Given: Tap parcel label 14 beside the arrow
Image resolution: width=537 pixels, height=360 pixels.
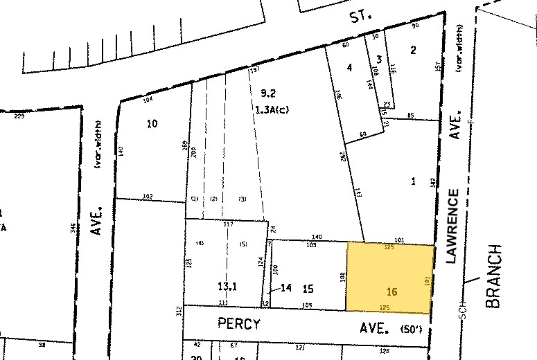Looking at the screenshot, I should pos(287,287).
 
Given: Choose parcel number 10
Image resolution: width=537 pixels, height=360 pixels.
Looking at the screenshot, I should pos(152,124).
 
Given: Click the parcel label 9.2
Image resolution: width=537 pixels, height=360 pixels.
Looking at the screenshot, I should pos(267,93).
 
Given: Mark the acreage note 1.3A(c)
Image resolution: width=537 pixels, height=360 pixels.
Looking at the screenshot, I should pos(272,109).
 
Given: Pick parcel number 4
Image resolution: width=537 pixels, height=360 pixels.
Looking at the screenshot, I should pos(350,67).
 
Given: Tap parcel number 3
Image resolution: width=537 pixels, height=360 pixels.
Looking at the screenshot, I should pos(379,58).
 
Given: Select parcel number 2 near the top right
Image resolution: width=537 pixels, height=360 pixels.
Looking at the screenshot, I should pos(413,49).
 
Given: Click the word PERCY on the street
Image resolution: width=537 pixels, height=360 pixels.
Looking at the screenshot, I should pos(239,323).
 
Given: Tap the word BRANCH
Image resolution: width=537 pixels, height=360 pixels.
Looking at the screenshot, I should pos(493,276).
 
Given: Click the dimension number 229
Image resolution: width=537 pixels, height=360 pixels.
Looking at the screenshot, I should pos(19,116).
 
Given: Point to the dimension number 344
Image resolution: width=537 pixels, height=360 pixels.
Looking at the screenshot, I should pos(72,228).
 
